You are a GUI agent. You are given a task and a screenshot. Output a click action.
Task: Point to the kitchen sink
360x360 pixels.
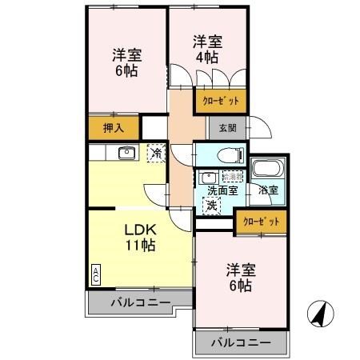tap(126, 154)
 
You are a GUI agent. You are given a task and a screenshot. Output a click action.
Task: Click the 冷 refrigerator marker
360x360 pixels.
tap(155, 152)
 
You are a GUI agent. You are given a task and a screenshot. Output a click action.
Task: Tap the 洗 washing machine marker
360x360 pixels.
tap(211, 206)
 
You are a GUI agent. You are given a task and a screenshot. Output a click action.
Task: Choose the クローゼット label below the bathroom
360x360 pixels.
tap(261, 222)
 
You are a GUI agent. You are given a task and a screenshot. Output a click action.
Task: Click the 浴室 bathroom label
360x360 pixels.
tap(268, 190)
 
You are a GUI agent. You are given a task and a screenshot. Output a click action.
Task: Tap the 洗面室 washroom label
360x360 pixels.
tap(222, 190)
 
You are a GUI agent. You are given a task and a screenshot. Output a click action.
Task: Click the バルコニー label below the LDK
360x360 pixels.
tap(140, 303)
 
